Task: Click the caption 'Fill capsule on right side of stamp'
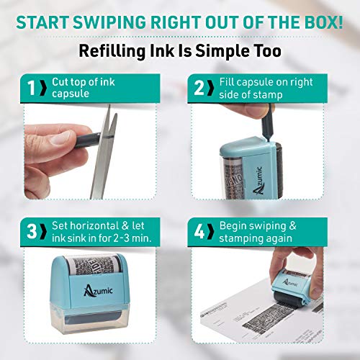point(263,89)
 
